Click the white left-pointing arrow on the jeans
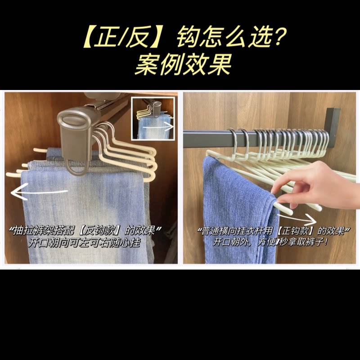(39, 192)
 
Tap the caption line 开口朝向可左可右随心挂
(84, 243)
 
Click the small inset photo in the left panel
(153, 118)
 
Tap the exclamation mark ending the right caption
(325, 242)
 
